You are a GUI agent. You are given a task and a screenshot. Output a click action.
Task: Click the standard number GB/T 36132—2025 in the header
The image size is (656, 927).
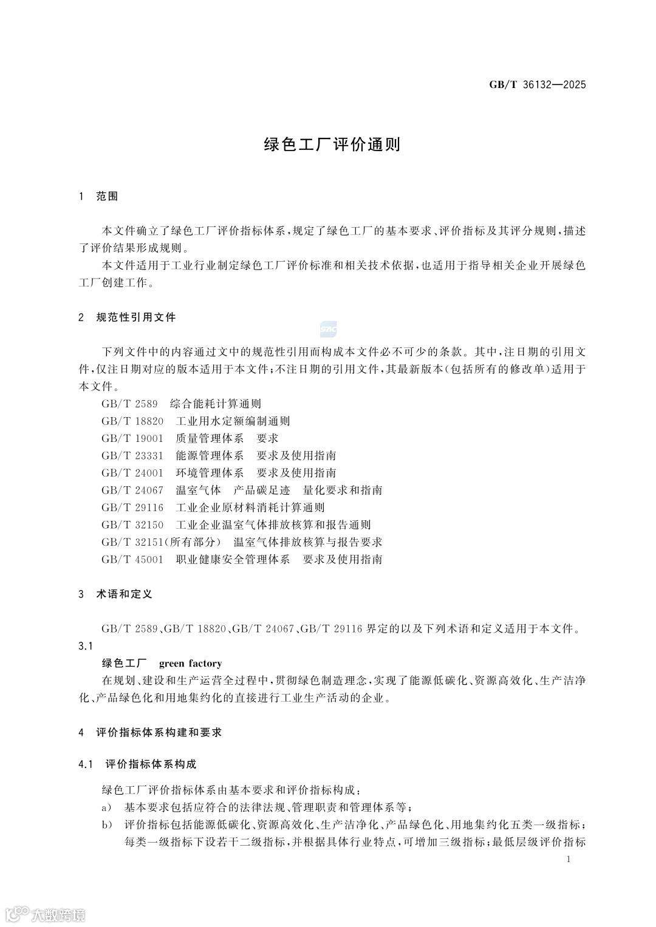(538, 85)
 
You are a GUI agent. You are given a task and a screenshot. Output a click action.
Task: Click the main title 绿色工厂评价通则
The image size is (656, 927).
(332, 144)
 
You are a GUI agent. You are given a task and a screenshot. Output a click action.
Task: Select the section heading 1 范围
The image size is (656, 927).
(98, 196)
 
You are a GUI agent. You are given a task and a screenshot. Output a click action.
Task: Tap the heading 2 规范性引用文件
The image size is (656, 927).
(128, 317)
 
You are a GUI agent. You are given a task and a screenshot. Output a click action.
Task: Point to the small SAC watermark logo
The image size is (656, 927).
(329, 329)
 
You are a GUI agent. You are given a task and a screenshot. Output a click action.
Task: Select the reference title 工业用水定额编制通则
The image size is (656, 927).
(233, 421)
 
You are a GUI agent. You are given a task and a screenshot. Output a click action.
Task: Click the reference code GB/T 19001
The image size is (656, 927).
(132, 438)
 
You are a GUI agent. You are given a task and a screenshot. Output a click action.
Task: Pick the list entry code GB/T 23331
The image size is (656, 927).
(132, 455)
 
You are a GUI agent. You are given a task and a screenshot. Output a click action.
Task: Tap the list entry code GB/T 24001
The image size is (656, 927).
(132, 473)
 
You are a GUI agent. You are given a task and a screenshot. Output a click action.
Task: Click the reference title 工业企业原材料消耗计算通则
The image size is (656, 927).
(250, 508)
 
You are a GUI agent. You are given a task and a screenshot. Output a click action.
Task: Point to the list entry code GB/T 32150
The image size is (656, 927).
(132, 525)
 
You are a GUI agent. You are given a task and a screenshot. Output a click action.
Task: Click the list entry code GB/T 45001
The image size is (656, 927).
(132, 559)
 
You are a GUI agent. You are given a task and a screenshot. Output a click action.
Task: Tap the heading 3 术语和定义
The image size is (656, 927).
(115, 594)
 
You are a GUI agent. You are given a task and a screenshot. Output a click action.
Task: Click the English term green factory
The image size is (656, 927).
(190, 664)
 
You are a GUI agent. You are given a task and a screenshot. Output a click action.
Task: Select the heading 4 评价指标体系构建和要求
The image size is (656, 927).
(150, 732)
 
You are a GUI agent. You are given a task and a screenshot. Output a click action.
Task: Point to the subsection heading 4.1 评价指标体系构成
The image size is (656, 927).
(137, 764)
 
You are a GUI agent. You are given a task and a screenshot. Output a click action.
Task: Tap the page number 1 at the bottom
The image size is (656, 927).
(568, 859)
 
